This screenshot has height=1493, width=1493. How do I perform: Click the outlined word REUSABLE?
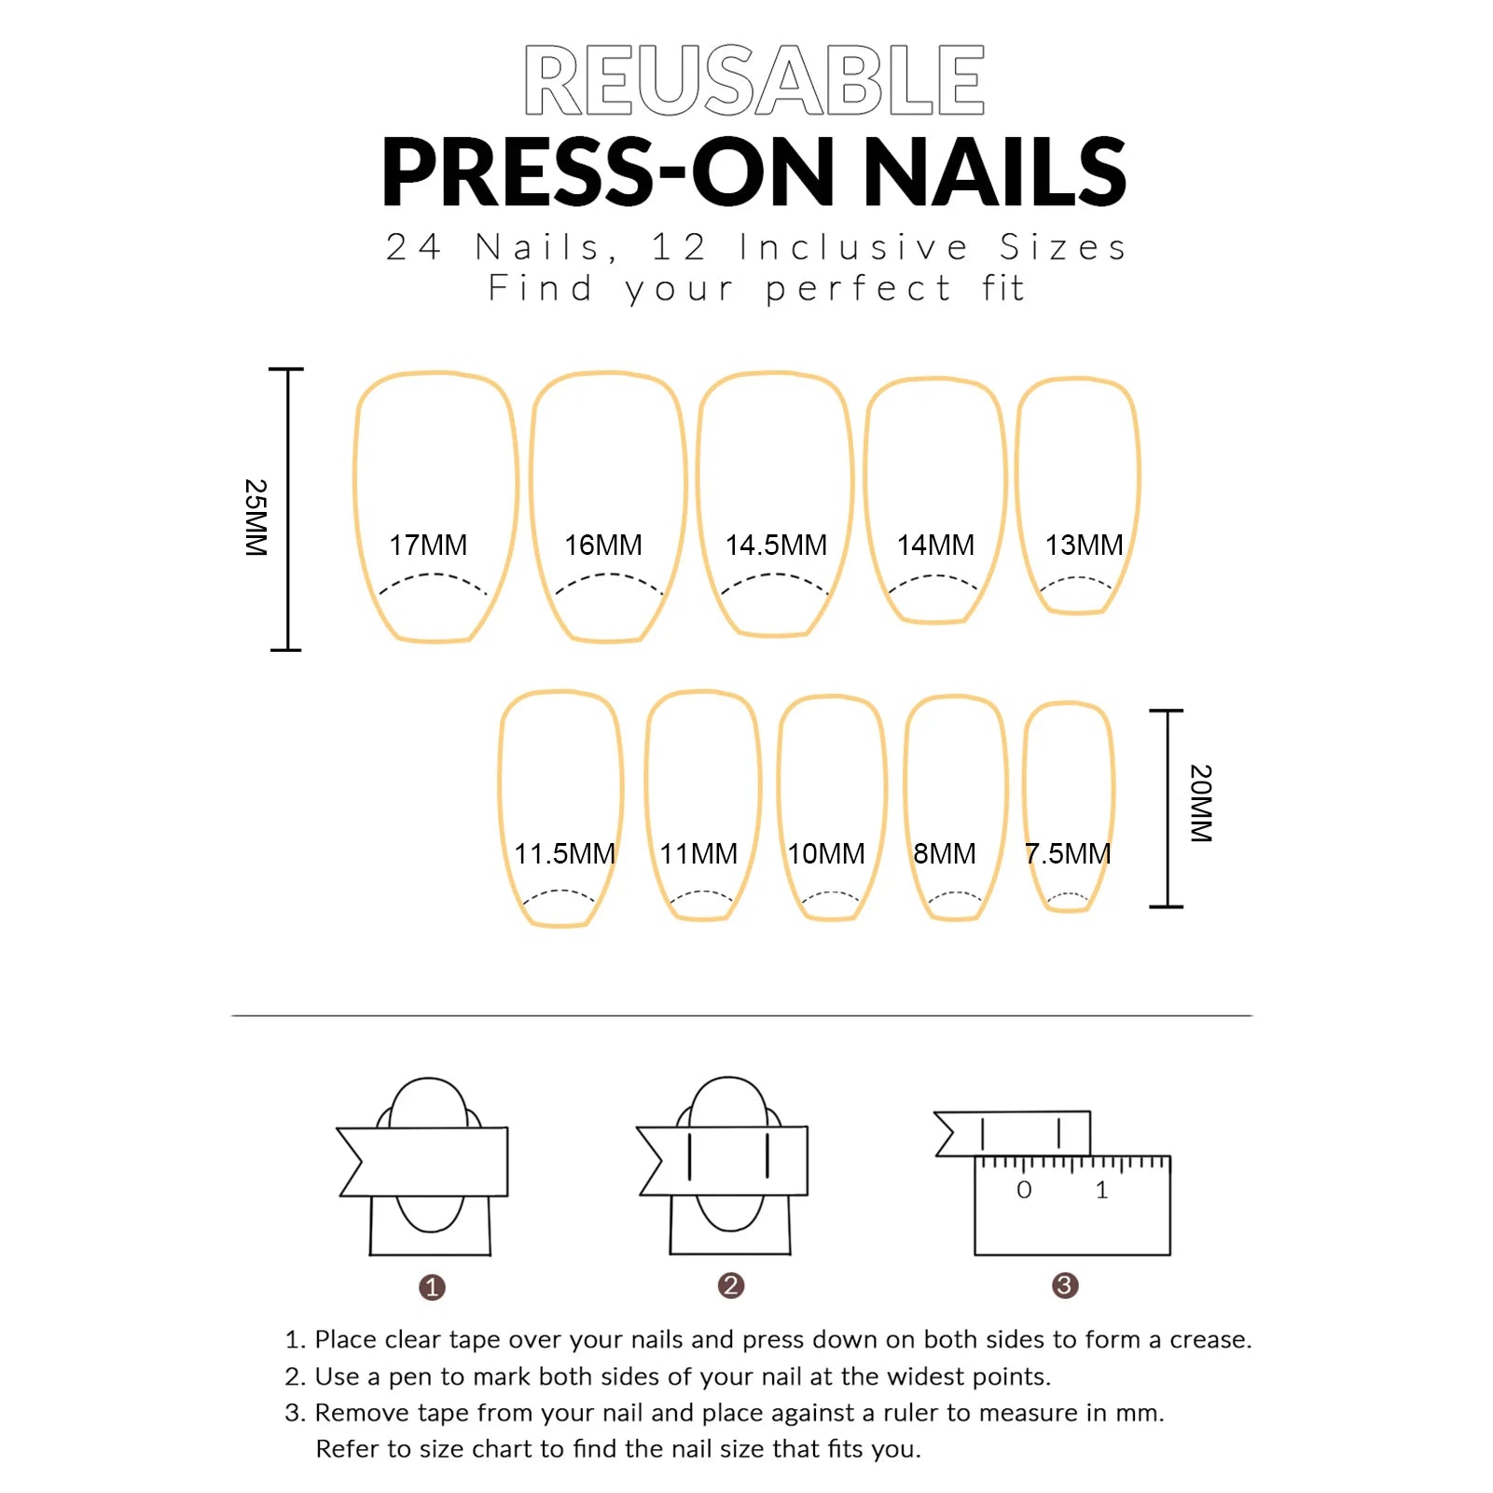coord(754,80)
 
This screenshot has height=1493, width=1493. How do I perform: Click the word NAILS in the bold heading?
coord(995,172)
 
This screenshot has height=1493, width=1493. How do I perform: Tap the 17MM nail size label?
coord(428,545)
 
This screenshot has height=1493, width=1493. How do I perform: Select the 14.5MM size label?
coord(776,545)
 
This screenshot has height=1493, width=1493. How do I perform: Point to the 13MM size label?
coord(1084,545)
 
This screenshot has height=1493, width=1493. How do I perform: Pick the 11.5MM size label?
coord(564,853)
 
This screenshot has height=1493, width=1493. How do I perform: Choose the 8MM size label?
coord(945,853)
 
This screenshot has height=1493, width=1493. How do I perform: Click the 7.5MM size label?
coord(1068,853)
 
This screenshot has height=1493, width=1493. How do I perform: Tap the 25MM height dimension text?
coord(256,518)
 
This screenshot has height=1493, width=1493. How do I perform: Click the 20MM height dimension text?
coord(1201,803)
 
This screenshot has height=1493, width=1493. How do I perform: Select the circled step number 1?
coord(432,1288)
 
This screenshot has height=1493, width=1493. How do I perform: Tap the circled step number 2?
coord(731,1286)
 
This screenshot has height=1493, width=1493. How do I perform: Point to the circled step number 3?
coord(1065,1286)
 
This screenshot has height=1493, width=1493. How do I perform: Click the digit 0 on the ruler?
coord(1024,1190)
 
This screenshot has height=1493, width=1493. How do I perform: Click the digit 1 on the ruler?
coord(1101,1190)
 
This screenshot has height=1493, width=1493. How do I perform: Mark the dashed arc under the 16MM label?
coord(609,576)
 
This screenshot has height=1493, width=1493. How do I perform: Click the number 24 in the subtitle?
coord(414,247)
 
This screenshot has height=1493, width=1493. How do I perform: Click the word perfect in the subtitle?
coord(858,289)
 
